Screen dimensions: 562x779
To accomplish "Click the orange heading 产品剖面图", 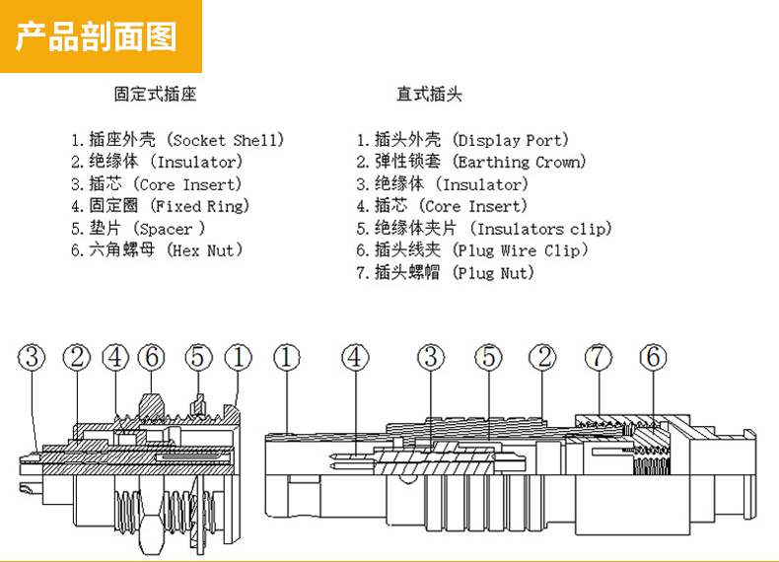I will tap(98, 36).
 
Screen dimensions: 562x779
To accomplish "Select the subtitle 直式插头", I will tap(429, 95).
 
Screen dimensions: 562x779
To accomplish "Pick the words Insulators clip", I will tap(550, 229).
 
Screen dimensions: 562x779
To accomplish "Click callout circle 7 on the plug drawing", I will tap(599, 357).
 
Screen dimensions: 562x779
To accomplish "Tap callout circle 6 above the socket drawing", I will tap(151, 357).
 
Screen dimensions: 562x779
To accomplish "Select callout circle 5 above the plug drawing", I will tap(488, 357).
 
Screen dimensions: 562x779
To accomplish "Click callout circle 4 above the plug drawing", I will tap(356, 357).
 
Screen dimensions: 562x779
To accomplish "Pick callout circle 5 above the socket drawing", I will tap(198, 357).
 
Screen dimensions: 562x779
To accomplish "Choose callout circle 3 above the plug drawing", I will tap(431, 357).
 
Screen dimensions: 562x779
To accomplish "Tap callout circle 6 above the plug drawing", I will tap(653, 357).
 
